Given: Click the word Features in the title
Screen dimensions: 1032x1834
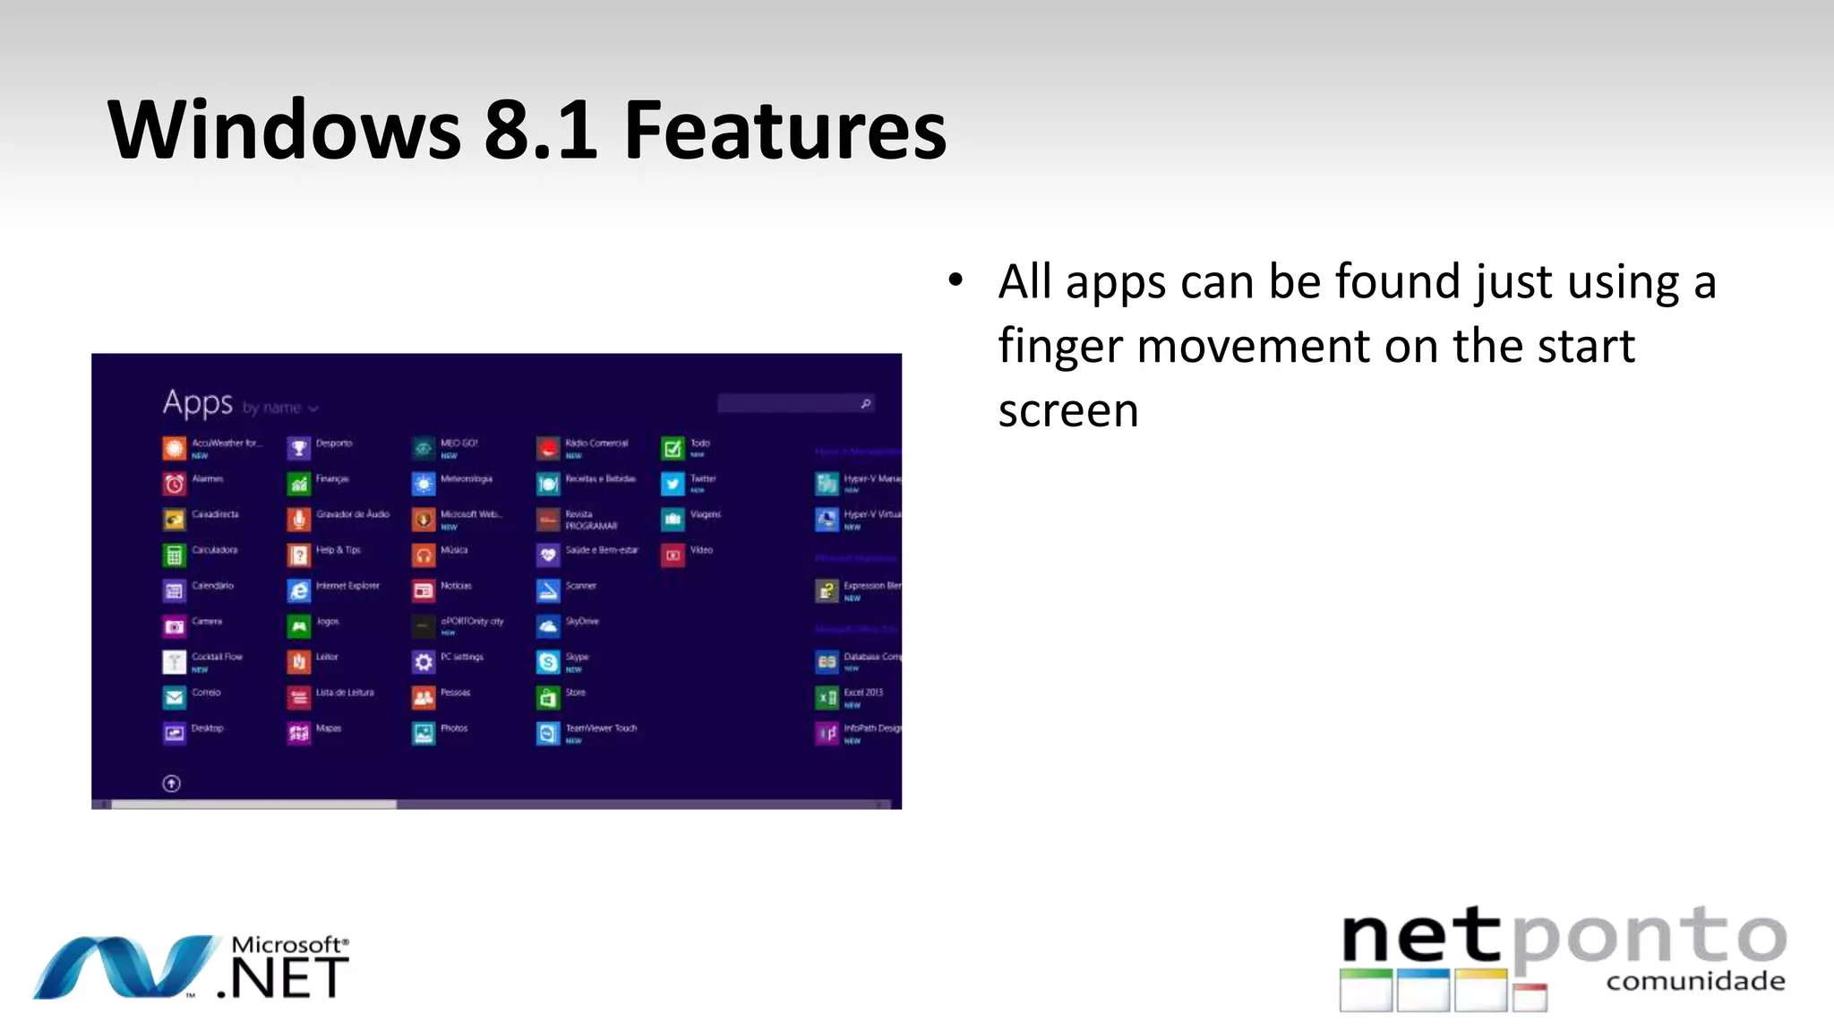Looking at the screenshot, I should (x=784, y=131).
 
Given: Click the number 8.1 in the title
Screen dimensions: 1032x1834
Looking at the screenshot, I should (x=540, y=131).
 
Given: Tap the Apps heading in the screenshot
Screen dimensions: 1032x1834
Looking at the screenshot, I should (x=198, y=403).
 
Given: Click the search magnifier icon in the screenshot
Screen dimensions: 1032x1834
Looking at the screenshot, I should (x=865, y=404).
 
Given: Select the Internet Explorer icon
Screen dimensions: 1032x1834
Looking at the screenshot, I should (x=299, y=590).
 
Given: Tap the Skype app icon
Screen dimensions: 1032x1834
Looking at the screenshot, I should (x=548, y=662).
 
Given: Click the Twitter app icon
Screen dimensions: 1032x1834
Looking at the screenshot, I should (x=673, y=484).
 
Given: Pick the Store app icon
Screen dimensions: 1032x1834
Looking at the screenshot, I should (x=548, y=697).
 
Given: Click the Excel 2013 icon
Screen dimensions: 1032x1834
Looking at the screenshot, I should (x=827, y=697).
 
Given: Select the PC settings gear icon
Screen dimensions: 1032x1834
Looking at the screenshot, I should (x=424, y=662).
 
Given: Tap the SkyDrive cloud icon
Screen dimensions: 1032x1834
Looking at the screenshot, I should (x=548, y=626).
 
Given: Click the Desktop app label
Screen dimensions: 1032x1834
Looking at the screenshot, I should (x=208, y=728).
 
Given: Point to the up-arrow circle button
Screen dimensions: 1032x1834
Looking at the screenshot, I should (x=172, y=784).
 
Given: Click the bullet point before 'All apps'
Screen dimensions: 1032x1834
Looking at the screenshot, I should (x=956, y=280).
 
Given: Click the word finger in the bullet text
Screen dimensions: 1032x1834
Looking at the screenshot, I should (x=1060, y=347).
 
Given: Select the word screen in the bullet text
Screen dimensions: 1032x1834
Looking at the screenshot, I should (x=1067, y=411).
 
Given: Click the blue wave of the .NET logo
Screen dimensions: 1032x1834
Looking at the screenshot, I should (x=125, y=967).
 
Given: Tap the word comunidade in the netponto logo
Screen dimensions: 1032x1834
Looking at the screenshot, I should (x=1695, y=982).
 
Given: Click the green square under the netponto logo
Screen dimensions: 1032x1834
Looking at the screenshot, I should (x=1366, y=990).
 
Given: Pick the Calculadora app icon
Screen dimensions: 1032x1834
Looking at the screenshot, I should (x=174, y=555).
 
